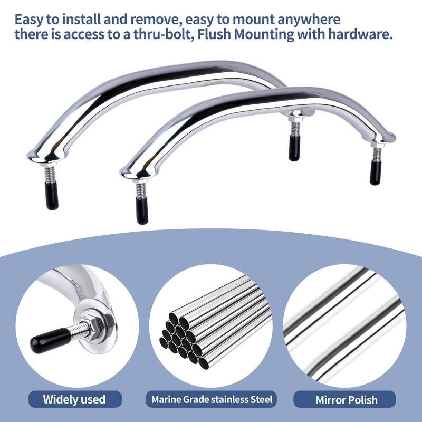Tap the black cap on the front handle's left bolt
141,211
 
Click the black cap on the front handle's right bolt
376,172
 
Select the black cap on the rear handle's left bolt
52,197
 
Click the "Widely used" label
74,399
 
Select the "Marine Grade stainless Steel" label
210,399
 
